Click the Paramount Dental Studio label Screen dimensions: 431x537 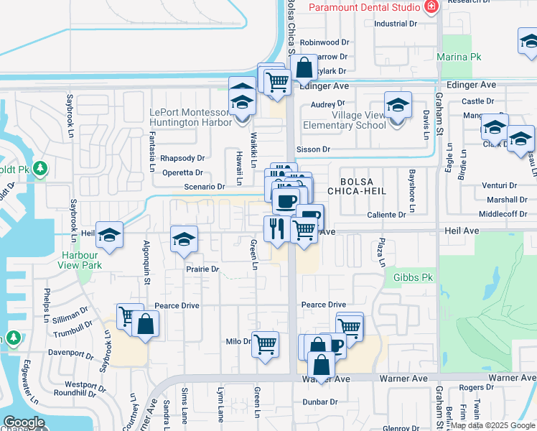tap(364, 7)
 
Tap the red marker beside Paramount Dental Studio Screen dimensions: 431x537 tap(431, 8)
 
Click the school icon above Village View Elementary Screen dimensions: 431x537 tap(398, 106)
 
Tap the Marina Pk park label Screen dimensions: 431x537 tap(454, 56)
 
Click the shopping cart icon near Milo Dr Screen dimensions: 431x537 tap(266, 344)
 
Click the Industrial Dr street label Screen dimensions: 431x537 tap(396, 24)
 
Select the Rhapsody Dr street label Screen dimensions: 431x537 tap(182, 158)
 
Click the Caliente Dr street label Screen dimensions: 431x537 tap(387, 215)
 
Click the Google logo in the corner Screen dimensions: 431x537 tap(24, 422)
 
